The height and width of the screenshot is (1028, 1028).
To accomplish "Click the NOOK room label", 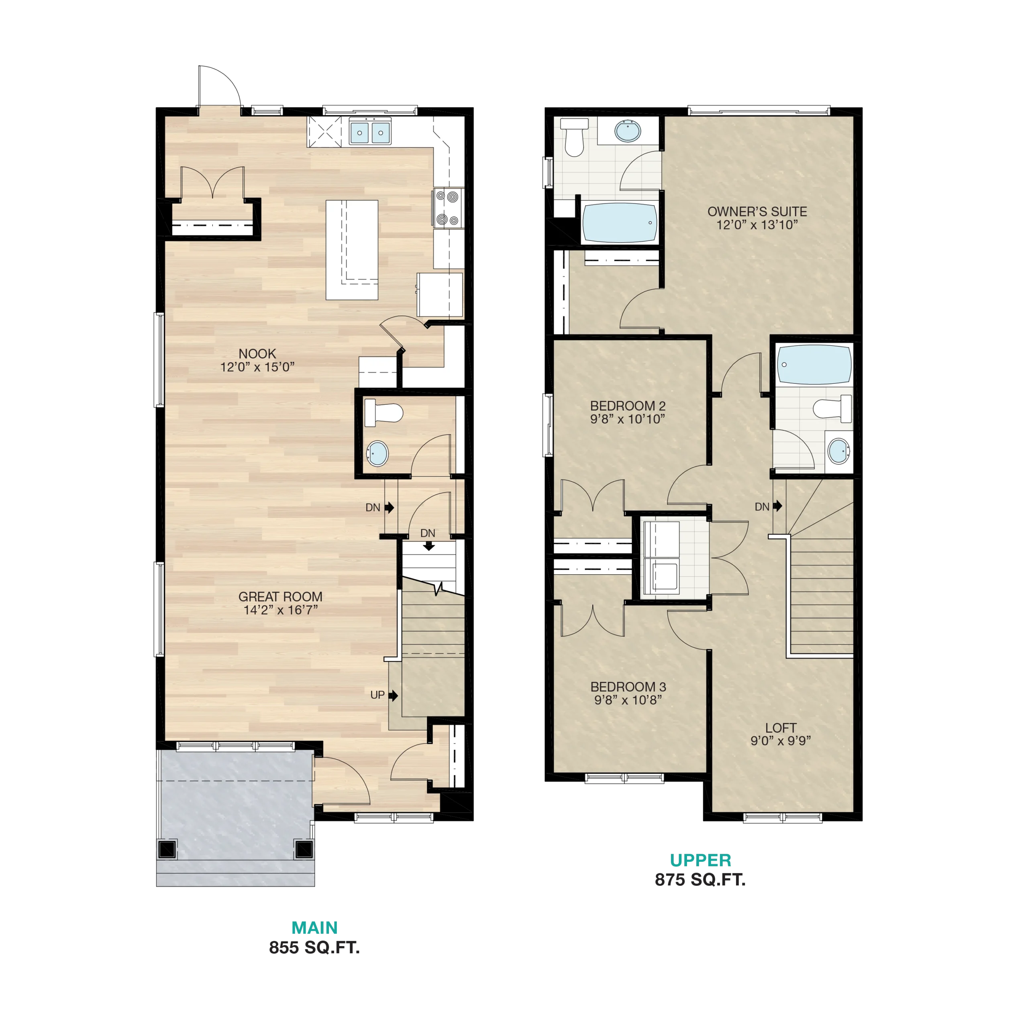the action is click(x=257, y=354).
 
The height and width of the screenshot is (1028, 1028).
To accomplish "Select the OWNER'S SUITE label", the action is click(x=757, y=211).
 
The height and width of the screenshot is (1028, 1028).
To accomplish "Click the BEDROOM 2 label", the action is click(x=628, y=406).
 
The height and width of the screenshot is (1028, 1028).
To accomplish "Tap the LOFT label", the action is click(x=781, y=728).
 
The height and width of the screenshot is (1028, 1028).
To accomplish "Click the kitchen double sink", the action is click(x=370, y=131).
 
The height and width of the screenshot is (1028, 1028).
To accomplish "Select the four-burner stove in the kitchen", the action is click(x=447, y=208).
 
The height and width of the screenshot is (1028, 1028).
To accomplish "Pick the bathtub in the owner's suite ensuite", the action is click(x=619, y=223).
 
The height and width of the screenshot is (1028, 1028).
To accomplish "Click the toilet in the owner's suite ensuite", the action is click(x=575, y=137).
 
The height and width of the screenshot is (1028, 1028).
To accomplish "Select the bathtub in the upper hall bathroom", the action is click(x=814, y=365).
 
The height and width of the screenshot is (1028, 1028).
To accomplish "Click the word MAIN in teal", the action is click(x=314, y=928).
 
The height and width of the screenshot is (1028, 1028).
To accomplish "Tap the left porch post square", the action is click(x=167, y=849).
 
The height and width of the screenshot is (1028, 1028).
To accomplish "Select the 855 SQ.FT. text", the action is click(x=314, y=948).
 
